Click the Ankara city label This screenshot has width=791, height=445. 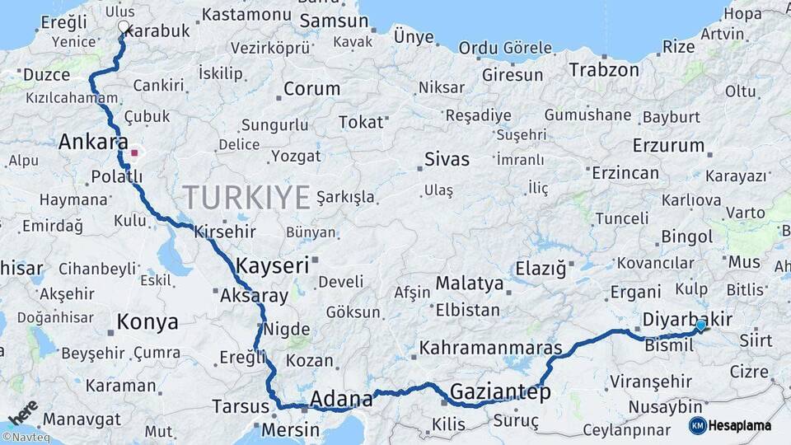click(93, 142)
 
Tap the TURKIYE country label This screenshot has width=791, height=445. click(246, 197)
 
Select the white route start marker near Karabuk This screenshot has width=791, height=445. click(124, 27)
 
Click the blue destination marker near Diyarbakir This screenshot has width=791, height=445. click(700, 326)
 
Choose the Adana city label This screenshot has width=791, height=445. click(341, 400)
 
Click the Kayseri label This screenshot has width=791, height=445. click(272, 265)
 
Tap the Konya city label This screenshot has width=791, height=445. click(147, 321)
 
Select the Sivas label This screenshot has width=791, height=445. click(447, 159)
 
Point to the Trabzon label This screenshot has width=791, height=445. click(604, 70)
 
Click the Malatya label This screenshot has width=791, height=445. click(469, 283)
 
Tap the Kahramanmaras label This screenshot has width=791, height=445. click(490, 348)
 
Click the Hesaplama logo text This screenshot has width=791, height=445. click(740, 425)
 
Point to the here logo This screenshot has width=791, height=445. click(22, 411)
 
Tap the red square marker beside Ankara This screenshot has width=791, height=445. click(134, 152)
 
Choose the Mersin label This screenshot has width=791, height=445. click(290, 429)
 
